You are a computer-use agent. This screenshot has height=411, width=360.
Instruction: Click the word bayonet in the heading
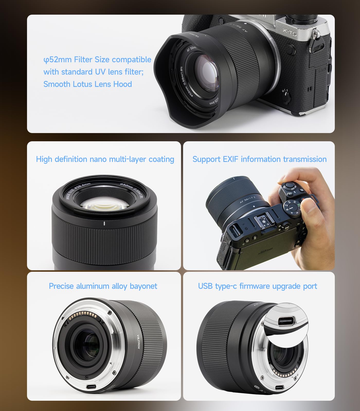[x=143, y=286]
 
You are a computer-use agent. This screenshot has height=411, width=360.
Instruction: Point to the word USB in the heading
[x=205, y=286]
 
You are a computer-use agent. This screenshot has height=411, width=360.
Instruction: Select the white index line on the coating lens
[x=104, y=223]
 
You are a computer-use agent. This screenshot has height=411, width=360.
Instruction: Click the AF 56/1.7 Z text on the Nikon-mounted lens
[x=248, y=201]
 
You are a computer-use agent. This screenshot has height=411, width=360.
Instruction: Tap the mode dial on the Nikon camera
[x=292, y=207]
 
